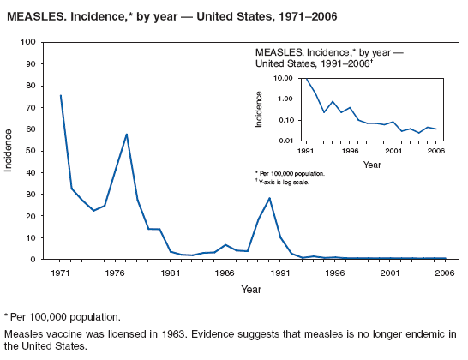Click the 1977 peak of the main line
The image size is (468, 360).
(127, 134)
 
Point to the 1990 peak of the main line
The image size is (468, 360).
(270, 198)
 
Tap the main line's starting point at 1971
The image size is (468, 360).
(60, 95)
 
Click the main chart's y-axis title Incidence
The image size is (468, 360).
(9, 150)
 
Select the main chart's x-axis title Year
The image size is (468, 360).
(251, 290)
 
